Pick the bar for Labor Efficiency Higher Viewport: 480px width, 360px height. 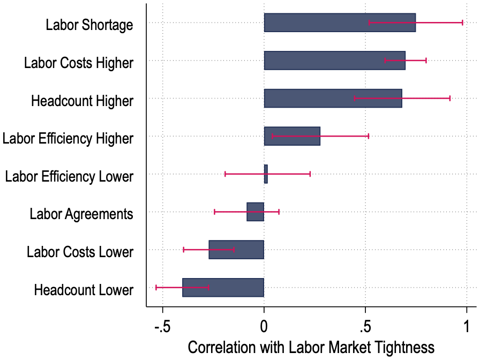point(292,136)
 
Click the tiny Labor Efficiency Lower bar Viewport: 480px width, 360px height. point(266,174)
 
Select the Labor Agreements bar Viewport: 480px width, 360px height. point(256,212)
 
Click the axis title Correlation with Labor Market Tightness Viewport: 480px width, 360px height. point(311,348)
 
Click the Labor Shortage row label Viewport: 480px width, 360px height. point(89,25)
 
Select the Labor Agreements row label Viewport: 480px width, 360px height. point(81,214)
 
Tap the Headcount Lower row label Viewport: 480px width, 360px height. point(84,290)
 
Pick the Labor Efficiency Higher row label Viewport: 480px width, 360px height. point(68,139)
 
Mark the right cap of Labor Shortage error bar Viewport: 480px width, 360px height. point(462,22)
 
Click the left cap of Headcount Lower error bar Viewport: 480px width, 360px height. point(156,288)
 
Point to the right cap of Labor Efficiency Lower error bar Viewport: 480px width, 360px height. point(310,174)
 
